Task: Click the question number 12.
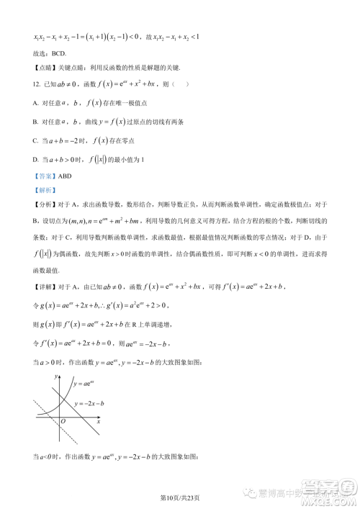tap(36, 83)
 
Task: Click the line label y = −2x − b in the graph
tap(91, 402)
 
